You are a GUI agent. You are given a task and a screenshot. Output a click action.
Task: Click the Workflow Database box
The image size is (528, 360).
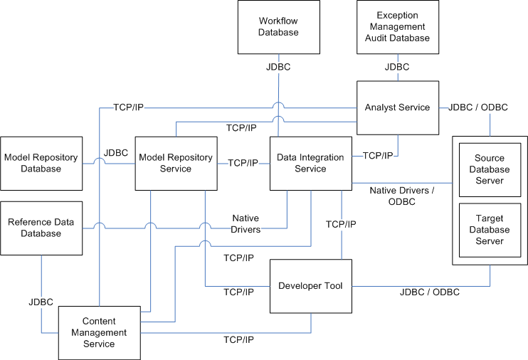pyautogui.click(x=278, y=27)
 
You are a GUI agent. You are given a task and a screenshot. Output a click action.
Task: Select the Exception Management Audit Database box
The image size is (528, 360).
pyautogui.click(x=397, y=27)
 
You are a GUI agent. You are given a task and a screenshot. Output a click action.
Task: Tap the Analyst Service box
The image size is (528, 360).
pyautogui.click(x=397, y=107)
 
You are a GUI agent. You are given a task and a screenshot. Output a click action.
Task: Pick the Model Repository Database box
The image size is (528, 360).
pyautogui.click(x=41, y=163)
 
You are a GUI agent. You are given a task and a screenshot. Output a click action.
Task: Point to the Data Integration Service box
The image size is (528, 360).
pyautogui.click(x=310, y=163)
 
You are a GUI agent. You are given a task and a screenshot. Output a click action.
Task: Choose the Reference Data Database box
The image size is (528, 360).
pyautogui.click(x=41, y=228)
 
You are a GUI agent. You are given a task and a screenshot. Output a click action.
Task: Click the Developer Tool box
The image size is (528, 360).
pyautogui.click(x=310, y=286)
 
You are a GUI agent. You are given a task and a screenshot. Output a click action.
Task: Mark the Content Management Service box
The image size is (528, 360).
pyautogui.click(x=99, y=333)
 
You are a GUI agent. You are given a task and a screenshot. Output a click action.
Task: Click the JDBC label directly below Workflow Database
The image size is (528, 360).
pyautogui.click(x=278, y=68)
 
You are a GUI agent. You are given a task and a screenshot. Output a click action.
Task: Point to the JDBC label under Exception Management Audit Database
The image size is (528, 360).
pyautogui.click(x=397, y=68)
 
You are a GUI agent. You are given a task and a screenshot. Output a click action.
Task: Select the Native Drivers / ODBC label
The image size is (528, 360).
pyautogui.click(x=402, y=196)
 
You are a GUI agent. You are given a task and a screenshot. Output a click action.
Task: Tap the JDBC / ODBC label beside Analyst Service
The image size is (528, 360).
pyautogui.click(x=477, y=107)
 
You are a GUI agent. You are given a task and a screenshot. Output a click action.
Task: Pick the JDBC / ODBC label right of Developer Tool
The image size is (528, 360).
pyautogui.click(x=430, y=292)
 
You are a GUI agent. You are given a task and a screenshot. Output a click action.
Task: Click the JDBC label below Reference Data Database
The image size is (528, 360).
pyautogui.click(x=41, y=302)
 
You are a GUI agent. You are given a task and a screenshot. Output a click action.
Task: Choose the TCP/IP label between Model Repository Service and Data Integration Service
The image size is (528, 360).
pyautogui.click(x=243, y=163)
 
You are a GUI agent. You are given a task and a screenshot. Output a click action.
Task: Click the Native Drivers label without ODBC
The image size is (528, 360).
pyautogui.click(x=245, y=223)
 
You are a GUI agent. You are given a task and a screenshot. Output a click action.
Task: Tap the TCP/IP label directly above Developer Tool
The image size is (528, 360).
pyautogui.click(x=341, y=224)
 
